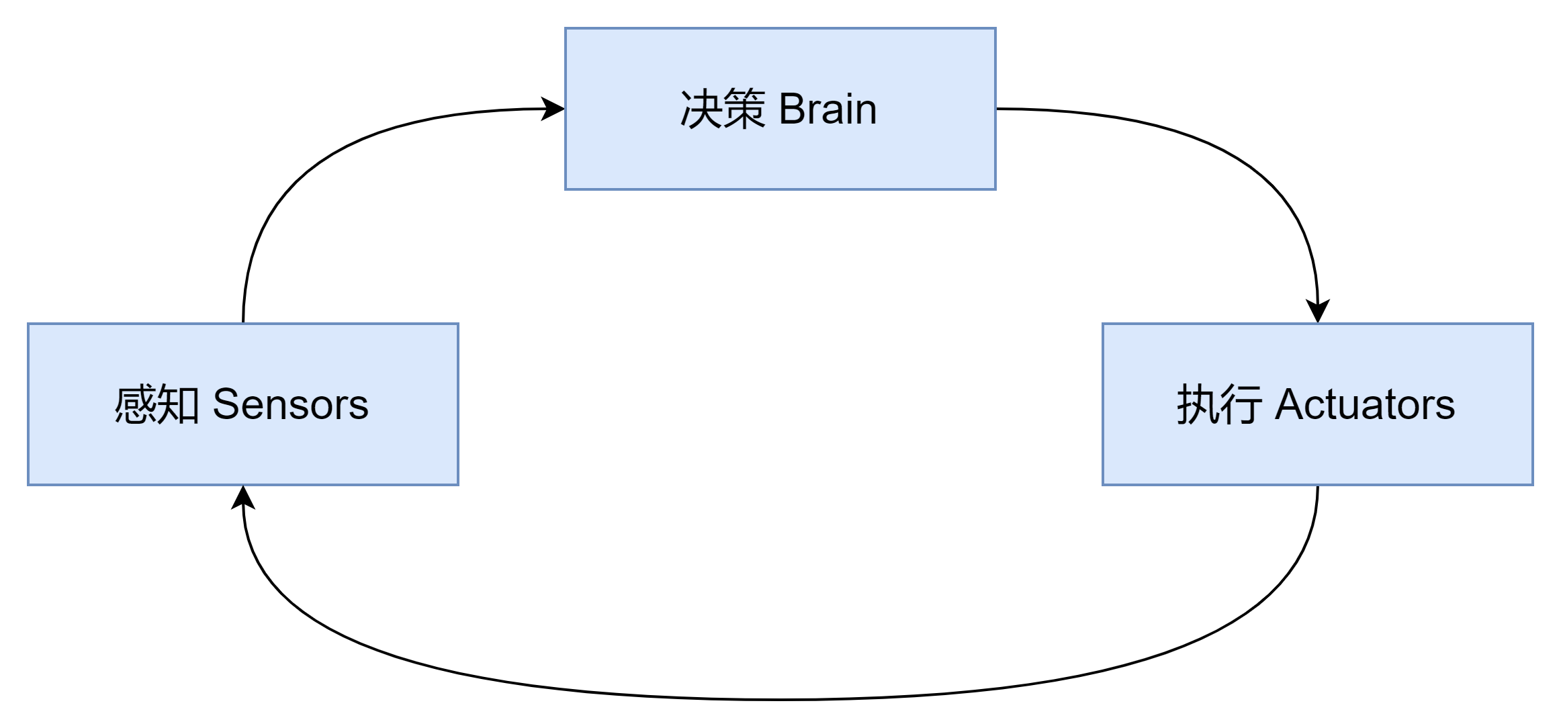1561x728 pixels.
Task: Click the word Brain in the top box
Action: tap(828, 109)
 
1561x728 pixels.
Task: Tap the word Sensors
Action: tap(290, 404)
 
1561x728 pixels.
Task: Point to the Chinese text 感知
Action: tap(157, 404)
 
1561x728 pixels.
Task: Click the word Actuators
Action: tap(1364, 404)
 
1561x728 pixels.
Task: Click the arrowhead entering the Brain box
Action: tap(553, 109)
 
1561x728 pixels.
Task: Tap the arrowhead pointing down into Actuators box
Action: tap(1318, 312)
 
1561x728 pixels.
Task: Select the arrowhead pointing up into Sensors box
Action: tap(243, 497)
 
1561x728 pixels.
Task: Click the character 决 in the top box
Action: tap(701, 109)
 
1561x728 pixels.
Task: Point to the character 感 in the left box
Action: tap(135, 404)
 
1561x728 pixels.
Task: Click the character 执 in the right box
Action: tap(1197, 404)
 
